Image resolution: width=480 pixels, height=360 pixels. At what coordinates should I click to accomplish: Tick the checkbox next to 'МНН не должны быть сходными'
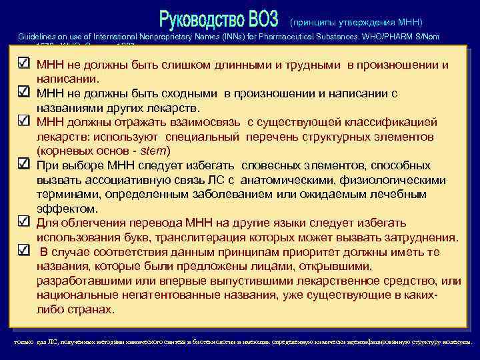[x=22, y=93]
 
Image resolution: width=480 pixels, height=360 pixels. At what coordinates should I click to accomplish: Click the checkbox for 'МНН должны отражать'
[x=22, y=121]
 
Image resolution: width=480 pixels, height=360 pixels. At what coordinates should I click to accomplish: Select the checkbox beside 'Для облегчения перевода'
[x=22, y=223]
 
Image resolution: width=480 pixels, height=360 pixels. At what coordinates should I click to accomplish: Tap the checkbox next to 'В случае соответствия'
[x=22, y=251]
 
